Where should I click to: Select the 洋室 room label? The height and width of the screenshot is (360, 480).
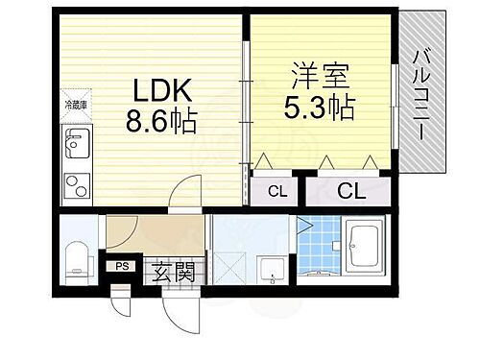point(318,74)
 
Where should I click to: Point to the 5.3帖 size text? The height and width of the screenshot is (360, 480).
point(318,104)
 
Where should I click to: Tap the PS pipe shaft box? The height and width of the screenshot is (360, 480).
point(122,267)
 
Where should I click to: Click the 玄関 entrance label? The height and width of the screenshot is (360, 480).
point(173,272)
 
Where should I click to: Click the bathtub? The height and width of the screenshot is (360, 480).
point(367,247)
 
